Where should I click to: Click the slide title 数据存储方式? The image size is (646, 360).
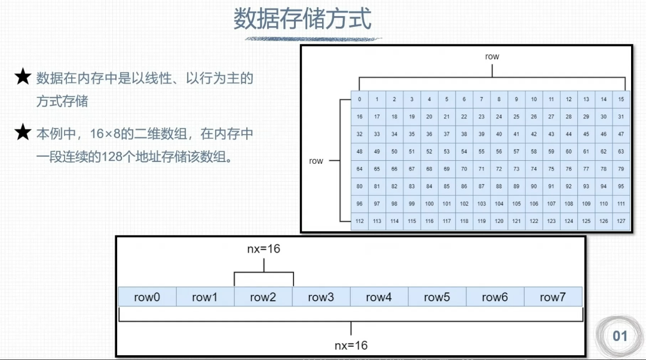302,19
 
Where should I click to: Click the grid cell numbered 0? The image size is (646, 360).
359,99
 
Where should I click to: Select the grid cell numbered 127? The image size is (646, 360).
621,221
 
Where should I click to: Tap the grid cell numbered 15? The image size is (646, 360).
621,99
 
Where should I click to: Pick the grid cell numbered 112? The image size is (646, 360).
359,221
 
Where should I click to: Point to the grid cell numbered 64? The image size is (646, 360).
359,169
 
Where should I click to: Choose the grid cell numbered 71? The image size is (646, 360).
482,169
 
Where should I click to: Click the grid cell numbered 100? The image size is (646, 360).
429,204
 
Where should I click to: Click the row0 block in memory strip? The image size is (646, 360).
147,297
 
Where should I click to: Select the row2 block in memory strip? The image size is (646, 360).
263,297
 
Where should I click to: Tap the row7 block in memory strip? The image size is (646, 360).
553,297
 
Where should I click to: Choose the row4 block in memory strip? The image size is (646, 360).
379,297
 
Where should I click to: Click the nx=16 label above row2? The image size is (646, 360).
263,249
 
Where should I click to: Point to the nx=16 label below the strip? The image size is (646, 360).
351,346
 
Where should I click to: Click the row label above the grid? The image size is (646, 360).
492,57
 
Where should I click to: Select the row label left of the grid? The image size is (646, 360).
316,161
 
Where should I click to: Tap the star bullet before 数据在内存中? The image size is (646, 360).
23,77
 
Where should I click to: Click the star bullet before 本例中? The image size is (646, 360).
23,133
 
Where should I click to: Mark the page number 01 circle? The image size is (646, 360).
620,336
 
